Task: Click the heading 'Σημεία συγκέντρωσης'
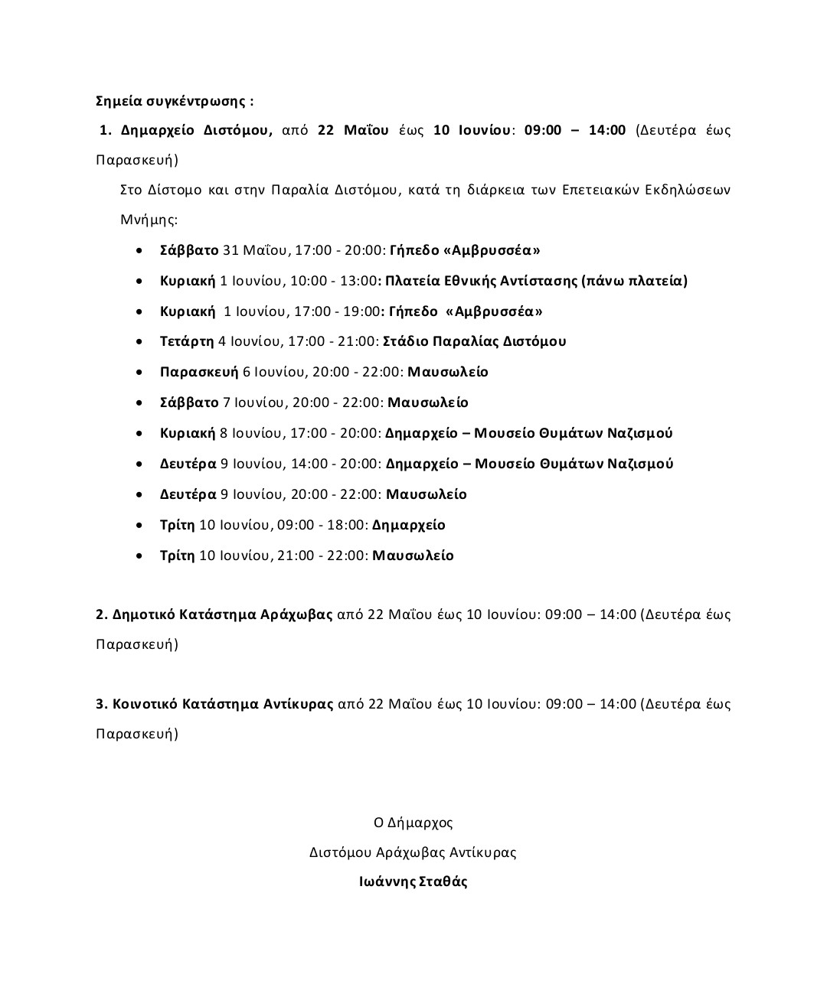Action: pos(174,100)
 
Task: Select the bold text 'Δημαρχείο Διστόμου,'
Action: pos(196,129)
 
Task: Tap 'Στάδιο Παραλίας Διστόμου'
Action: pos(474,341)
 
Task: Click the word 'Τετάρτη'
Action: pos(187,341)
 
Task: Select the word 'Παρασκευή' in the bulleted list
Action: pos(199,372)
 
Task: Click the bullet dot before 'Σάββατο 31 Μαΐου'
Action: pos(139,250)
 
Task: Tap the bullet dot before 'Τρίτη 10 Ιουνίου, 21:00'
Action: pos(139,556)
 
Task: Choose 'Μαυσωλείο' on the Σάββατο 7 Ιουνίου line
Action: pos(428,402)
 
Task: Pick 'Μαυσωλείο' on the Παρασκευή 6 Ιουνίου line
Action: pos(448,372)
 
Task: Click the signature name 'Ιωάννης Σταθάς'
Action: pos(413,881)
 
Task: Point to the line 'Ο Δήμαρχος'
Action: pos(413,823)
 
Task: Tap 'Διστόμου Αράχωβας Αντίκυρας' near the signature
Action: pos(413,852)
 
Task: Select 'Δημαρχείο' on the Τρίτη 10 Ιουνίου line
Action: pos(409,525)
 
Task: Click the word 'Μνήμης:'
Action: pos(149,220)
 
